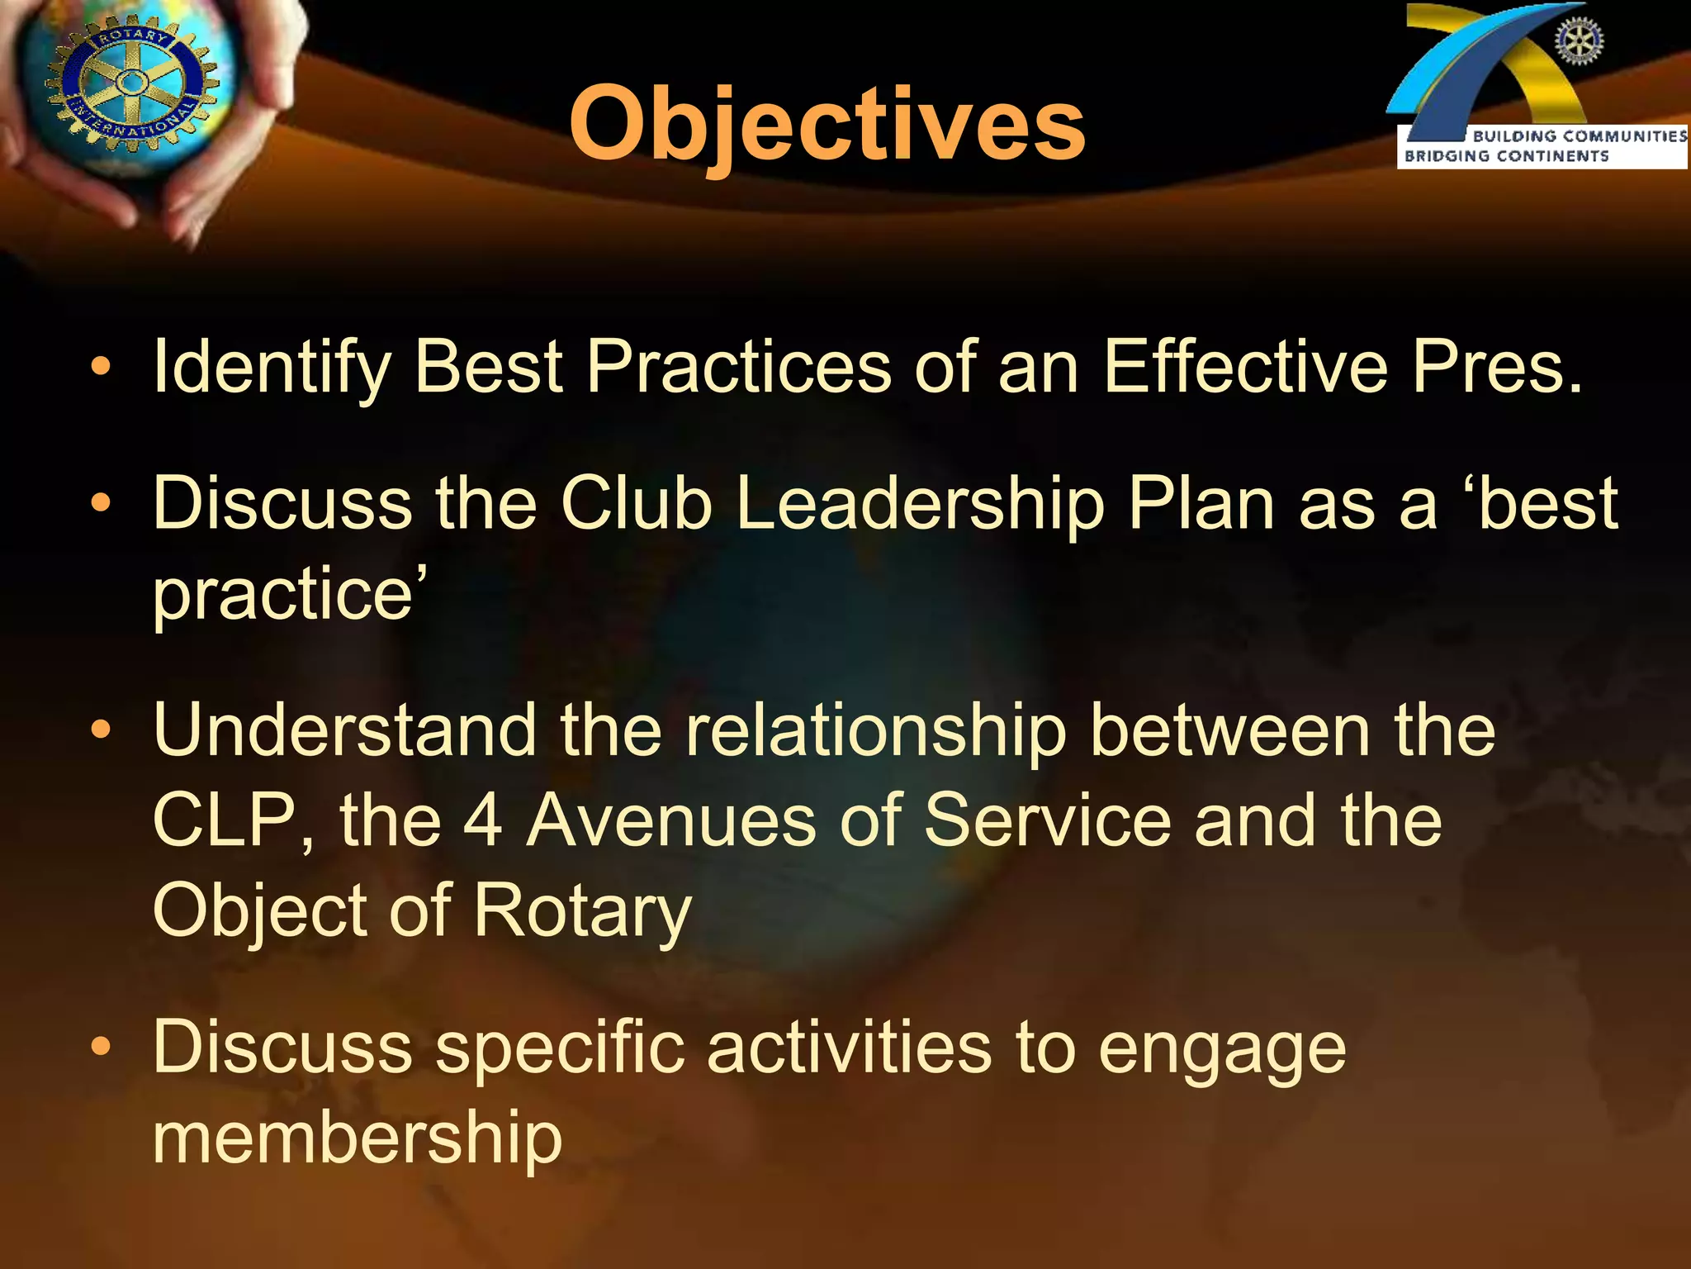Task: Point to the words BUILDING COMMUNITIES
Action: click(x=1580, y=136)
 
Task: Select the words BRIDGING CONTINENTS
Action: click(x=1506, y=155)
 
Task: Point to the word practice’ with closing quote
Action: click(x=289, y=595)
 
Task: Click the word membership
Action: click(x=358, y=1138)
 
